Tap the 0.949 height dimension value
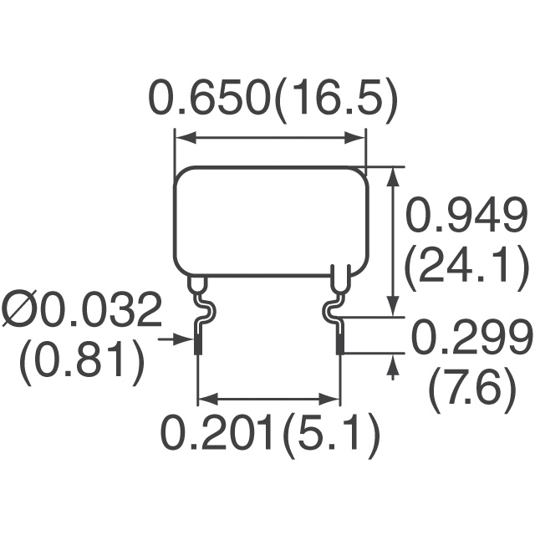(466, 215)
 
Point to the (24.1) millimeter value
(466, 268)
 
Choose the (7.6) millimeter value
(471, 390)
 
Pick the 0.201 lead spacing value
(217, 433)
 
